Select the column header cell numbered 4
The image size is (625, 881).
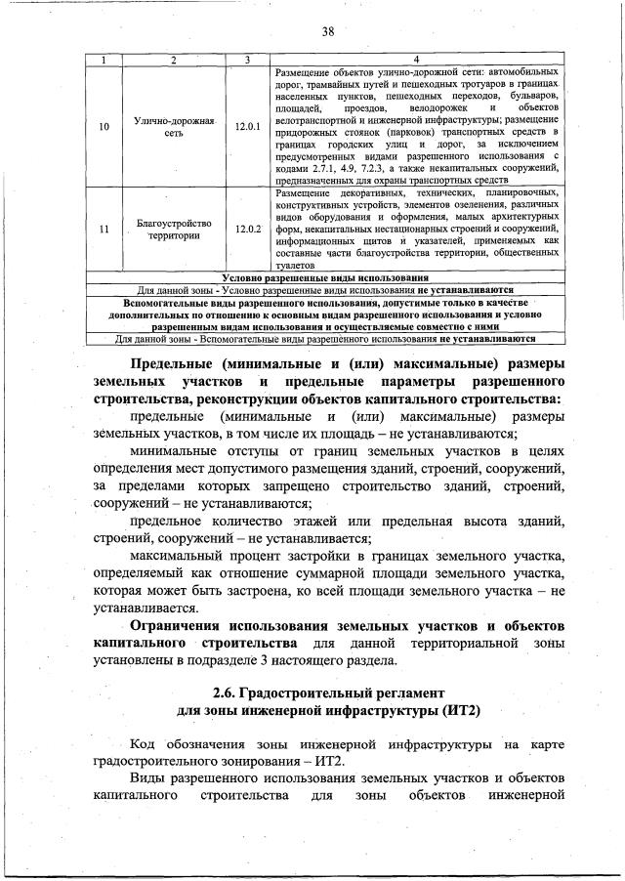pos(416,61)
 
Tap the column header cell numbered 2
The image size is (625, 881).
pos(172,61)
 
